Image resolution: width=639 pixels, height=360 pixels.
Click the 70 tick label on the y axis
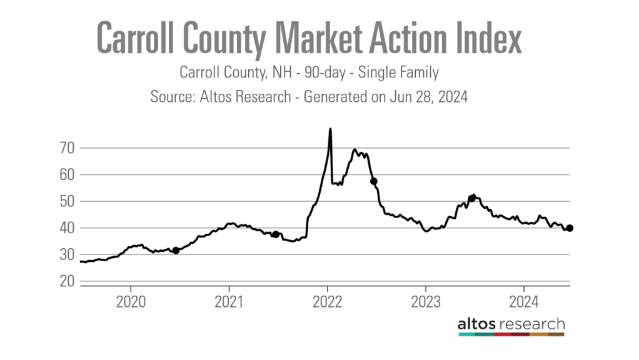pyautogui.click(x=67, y=148)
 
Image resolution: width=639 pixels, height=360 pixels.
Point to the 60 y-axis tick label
pyautogui.click(x=67, y=175)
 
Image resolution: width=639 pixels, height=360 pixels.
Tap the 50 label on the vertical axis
pyautogui.click(x=67, y=201)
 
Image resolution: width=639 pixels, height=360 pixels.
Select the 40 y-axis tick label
pyautogui.click(x=67, y=228)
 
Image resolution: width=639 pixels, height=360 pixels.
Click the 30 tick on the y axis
pyautogui.click(x=67, y=255)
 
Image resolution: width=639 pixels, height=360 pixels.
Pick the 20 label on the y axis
pyautogui.click(x=67, y=281)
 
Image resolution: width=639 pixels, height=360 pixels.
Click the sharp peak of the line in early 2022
pyautogui.click(x=330, y=129)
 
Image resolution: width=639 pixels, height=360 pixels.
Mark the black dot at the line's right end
pyautogui.click(x=570, y=228)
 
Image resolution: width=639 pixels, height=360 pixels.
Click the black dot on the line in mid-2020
pyautogui.click(x=176, y=251)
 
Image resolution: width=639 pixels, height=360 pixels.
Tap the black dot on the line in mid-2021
pyautogui.click(x=275, y=234)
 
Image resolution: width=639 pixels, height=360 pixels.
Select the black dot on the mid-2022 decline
pyautogui.click(x=374, y=181)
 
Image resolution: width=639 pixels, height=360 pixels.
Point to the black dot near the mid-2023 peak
pyautogui.click(x=472, y=199)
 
